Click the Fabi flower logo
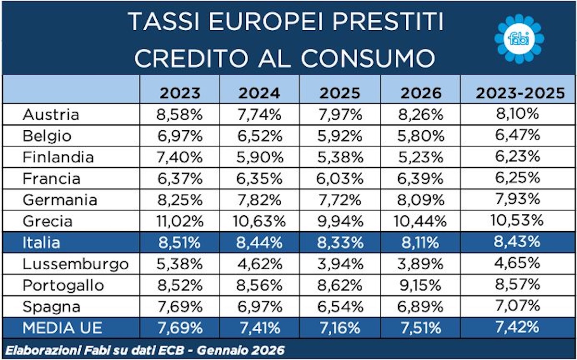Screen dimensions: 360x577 click(519, 38)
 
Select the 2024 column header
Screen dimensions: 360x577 click(260, 93)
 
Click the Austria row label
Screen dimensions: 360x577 click(50, 115)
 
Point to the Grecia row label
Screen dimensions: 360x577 click(47, 221)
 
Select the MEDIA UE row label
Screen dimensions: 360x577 click(62, 328)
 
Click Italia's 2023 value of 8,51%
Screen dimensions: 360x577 click(180, 243)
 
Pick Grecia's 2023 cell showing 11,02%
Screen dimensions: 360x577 click(180, 221)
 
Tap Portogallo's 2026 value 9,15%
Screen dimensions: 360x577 click(421, 285)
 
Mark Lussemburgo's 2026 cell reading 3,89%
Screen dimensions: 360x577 click(421, 264)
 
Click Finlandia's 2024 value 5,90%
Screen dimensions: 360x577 click(260, 157)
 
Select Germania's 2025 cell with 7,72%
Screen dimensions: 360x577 click(340, 200)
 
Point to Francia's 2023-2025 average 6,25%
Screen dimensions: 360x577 click(517, 178)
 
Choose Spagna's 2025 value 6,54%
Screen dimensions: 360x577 click(340, 306)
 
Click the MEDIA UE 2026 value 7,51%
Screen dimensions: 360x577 click(421, 328)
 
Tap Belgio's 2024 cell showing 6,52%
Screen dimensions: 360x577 click(260, 136)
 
